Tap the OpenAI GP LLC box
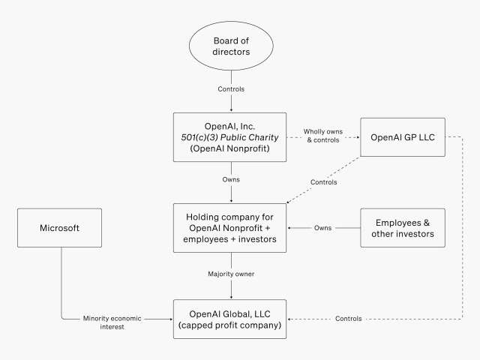402,137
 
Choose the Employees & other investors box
402,228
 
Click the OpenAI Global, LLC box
230,319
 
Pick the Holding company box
230,228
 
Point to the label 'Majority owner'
231,274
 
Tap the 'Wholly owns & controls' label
322,136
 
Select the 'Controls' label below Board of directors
231,89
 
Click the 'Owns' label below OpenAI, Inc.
231,180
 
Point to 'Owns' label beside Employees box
323,228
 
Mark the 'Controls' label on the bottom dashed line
348,319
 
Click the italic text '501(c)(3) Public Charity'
230,137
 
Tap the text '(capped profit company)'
230,325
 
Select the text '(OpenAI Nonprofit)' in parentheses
230,149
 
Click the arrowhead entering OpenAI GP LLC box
357,137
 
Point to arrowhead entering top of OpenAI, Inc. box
230,110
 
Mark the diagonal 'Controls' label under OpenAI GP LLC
323,182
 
